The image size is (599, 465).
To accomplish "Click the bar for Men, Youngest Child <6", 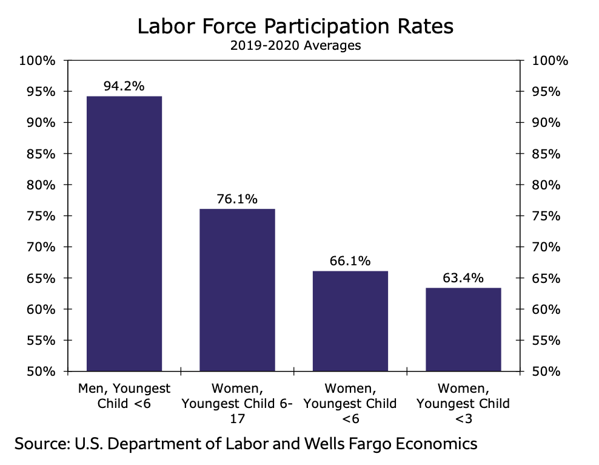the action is [x=124, y=233].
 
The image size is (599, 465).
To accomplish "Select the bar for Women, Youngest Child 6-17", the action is [x=237, y=290].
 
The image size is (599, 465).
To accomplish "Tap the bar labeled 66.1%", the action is [x=350, y=321].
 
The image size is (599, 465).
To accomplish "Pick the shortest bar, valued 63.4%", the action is [x=463, y=329].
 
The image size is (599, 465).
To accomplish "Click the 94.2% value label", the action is [x=124, y=86].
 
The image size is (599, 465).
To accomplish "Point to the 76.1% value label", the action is [x=237, y=199].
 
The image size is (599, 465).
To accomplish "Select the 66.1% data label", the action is [x=350, y=261].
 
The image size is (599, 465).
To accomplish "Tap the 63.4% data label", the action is [x=463, y=277].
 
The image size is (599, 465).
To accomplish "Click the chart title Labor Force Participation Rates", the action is [x=295, y=26].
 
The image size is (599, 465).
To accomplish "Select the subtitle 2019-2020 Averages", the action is [x=295, y=46].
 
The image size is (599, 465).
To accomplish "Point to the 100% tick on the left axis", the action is [x=37, y=61].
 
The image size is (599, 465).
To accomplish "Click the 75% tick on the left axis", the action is [x=41, y=216].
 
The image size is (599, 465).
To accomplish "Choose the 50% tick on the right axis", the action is [x=546, y=372].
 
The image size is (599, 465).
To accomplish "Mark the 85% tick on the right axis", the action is [x=546, y=154].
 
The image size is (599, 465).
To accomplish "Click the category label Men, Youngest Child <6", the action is [x=124, y=396].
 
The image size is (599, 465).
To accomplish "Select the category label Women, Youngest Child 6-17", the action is [x=237, y=404].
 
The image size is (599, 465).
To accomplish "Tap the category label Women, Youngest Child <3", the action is [x=463, y=404].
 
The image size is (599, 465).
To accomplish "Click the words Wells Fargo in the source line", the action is [x=348, y=444].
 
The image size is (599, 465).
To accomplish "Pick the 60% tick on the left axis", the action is [x=41, y=310].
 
